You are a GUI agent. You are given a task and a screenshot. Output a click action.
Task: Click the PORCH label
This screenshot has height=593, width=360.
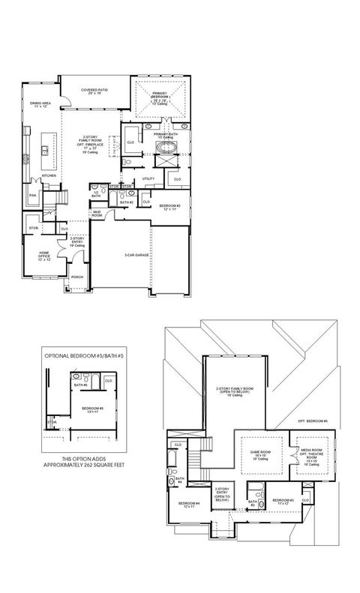[76, 277]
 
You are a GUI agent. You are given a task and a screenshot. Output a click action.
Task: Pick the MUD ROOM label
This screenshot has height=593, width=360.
[97, 214]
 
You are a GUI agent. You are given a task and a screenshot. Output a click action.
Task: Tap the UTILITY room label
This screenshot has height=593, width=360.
[148, 178]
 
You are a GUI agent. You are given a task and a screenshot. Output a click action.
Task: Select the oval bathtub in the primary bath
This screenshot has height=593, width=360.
[164, 159]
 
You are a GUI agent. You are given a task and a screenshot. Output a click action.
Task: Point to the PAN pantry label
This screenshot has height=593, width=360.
[32, 195]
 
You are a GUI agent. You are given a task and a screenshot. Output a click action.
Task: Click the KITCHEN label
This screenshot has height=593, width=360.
[49, 175]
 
